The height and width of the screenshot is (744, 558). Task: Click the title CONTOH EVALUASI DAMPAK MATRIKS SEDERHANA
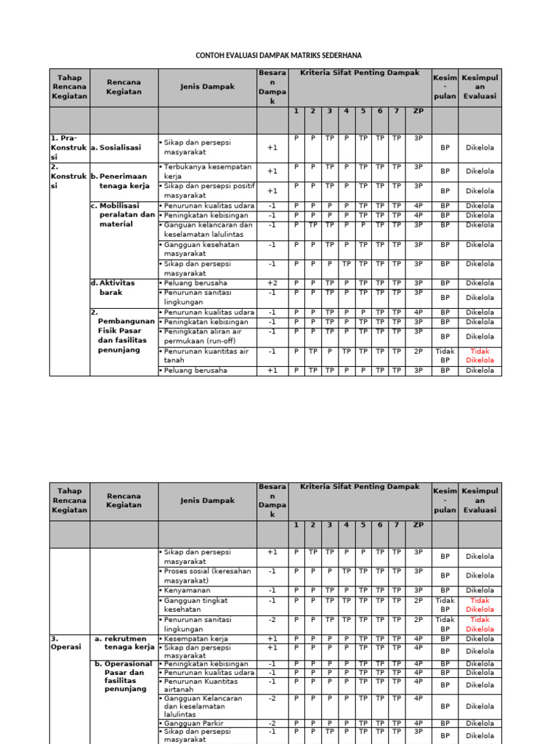click(279, 55)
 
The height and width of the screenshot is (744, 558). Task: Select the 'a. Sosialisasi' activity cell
click(116, 147)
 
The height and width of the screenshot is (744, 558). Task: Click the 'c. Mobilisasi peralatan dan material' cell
click(123, 214)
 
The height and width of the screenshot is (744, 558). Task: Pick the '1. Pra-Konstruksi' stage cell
click(68, 147)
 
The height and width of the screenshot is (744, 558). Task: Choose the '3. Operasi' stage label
click(66, 642)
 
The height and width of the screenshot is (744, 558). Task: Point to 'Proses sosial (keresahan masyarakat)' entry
click(206, 575)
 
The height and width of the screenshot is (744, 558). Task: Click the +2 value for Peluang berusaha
click(272, 283)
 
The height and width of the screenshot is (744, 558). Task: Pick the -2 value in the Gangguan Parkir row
click(272, 724)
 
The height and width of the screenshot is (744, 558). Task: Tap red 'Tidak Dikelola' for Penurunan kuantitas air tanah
click(480, 355)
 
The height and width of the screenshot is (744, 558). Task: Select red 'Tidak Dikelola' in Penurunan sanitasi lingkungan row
click(480, 624)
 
